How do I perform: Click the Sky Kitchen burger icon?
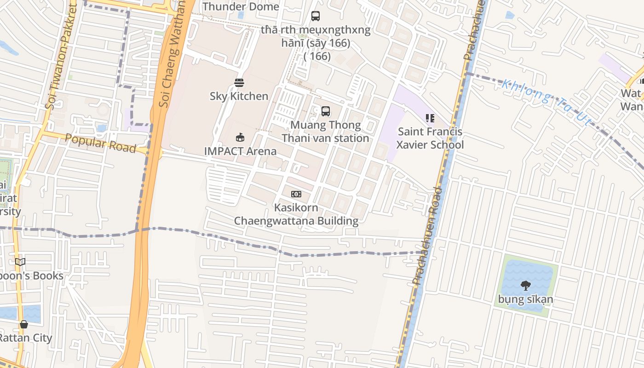239,83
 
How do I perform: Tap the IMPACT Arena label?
240,151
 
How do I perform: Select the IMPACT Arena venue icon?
240,137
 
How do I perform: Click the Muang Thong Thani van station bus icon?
326,111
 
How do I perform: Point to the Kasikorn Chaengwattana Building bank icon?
296,194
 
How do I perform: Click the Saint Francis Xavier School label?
430,138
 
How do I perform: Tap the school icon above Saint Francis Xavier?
430,118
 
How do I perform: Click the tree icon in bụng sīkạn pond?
526,286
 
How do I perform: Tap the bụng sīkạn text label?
526,300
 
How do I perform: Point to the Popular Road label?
101,143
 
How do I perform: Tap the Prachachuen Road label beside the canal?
425,235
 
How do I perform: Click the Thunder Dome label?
241,6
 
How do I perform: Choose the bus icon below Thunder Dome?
316,16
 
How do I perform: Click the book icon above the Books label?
20,262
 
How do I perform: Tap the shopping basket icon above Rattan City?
24,324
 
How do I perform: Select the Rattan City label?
25,338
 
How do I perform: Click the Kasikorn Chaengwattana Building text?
296,214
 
